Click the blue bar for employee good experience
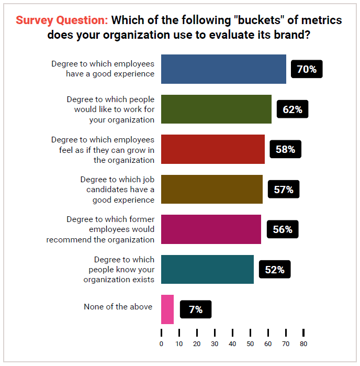223,69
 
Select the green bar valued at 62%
216,109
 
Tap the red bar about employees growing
212,149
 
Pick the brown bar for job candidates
211,189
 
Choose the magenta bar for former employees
210,229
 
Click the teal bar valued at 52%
207,269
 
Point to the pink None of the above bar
167,309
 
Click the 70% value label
306,69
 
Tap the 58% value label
285,149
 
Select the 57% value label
283,190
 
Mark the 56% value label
282,229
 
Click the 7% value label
195,309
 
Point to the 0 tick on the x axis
161,344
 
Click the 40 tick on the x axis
232,344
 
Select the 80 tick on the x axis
303,344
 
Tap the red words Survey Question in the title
62,20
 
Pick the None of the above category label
118,307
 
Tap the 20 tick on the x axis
197,344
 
